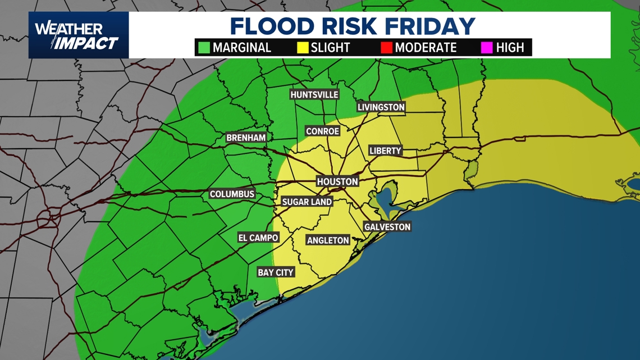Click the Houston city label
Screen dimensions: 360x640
(337, 181)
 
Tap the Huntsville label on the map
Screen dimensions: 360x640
(314, 95)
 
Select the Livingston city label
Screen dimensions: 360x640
(381, 107)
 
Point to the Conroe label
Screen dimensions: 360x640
(322, 131)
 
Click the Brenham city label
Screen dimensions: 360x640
(246, 138)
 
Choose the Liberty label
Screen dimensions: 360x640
(385, 151)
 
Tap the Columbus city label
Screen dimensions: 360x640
(232, 194)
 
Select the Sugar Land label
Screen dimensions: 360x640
(307, 202)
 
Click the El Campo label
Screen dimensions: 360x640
(258, 238)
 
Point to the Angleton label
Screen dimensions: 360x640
(328, 240)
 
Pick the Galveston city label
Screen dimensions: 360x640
(387, 227)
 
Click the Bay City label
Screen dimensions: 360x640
(276, 272)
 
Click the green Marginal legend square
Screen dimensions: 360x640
(204, 48)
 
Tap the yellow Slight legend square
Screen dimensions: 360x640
(303, 48)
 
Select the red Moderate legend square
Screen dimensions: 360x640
(386, 48)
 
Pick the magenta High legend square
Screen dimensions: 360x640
(487, 48)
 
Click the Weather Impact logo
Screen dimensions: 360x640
(78, 35)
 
